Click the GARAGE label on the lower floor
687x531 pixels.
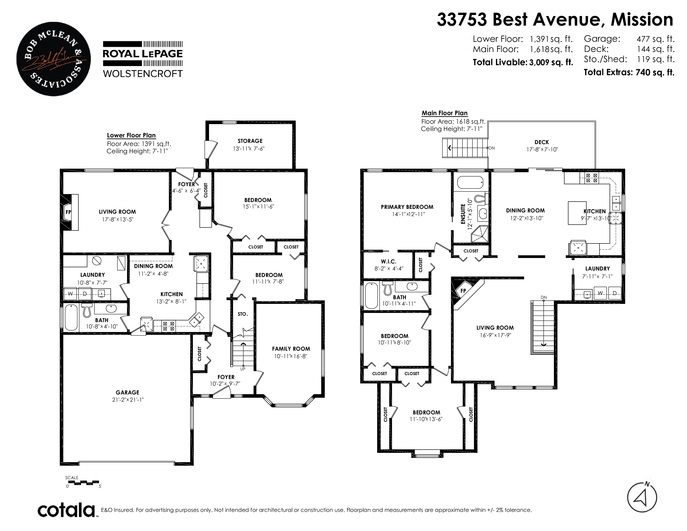pos(127,392)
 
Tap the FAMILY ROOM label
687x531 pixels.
pos(291,349)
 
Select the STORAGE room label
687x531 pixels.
pos(250,141)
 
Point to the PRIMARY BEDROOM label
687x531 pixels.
pos(407,207)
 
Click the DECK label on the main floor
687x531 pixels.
pos(542,142)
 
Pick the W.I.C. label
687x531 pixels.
pos(388,261)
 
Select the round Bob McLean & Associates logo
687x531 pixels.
pos(54,59)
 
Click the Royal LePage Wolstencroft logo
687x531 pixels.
pos(143,60)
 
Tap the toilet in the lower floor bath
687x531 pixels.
pos(87,310)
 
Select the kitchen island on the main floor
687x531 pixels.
pos(577,213)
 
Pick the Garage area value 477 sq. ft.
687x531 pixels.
pos(656,39)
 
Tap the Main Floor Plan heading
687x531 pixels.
pos(444,113)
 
